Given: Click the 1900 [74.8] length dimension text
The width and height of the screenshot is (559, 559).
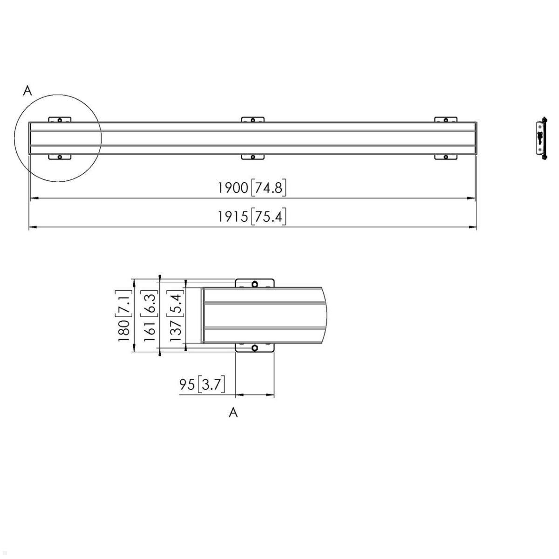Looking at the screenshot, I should [x=252, y=188].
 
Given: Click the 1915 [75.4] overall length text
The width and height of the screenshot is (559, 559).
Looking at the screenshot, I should [x=252, y=217].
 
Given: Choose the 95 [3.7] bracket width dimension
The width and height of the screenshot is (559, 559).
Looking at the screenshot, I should [x=202, y=385].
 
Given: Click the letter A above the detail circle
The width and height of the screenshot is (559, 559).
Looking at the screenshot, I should [x=28, y=91].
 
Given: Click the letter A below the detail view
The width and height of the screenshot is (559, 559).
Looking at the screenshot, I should [x=233, y=412].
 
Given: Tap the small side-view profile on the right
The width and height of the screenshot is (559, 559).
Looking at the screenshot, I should [x=540, y=138].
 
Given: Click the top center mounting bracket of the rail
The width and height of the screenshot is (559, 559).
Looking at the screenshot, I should [x=252, y=120].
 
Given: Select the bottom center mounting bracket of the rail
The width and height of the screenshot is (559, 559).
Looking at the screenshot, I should [x=252, y=157].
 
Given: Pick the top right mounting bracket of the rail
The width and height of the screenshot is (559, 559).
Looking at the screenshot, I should [x=446, y=120].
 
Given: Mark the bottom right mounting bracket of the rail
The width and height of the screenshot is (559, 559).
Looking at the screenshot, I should [x=446, y=157].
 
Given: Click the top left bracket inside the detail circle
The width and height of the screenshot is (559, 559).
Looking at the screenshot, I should [x=60, y=120].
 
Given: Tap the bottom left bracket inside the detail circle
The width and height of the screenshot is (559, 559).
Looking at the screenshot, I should [x=60, y=157].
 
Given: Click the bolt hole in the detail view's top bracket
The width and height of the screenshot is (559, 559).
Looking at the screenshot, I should [x=255, y=284].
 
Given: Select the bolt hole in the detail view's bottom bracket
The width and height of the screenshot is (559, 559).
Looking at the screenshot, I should [x=255, y=348].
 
